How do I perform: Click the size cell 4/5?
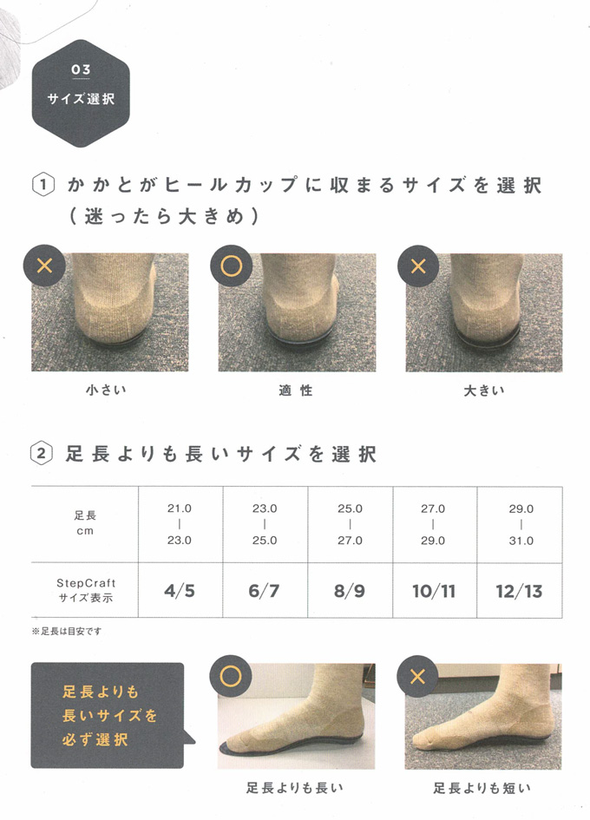point(180,590)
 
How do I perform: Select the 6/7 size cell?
point(265,590)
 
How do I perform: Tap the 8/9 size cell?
point(350,590)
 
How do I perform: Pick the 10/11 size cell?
point(435,590)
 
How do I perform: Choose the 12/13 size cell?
point(520,590)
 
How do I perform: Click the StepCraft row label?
point(86,590)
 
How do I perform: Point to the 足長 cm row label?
point(85,523)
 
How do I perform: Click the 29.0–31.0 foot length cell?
point(521,524)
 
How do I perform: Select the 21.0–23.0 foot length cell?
point(180,524)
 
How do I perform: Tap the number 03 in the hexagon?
point(81,69)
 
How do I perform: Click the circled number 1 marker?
point(43,186)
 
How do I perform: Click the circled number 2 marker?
point(42,454)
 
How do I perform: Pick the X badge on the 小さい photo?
point(44,266)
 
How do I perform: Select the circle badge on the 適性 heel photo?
point(231,266)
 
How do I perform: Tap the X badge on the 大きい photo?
point(418,266)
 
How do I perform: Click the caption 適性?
point(296,390)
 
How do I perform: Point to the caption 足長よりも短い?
point(482,788)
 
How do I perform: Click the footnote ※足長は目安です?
point(67,631)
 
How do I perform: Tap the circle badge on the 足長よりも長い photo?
point(231,677)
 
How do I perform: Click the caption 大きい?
point(484,390)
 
